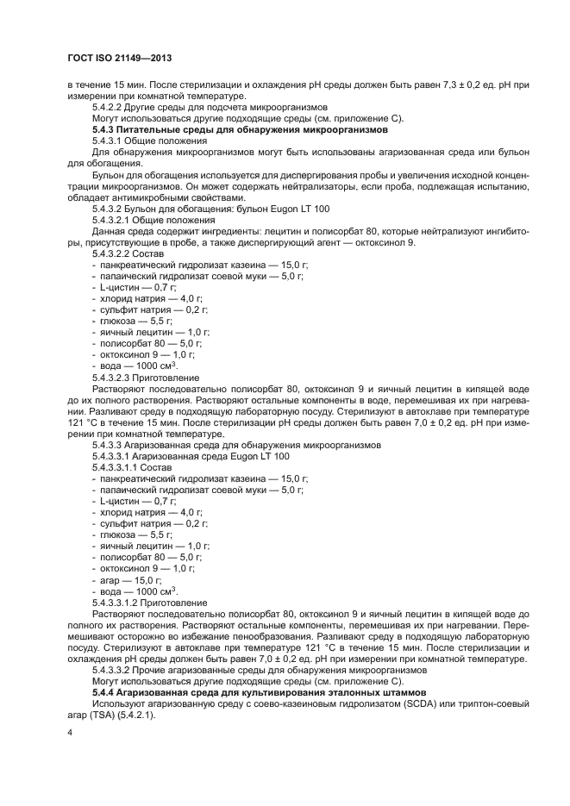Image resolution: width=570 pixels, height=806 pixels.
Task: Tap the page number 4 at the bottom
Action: click(71, 732)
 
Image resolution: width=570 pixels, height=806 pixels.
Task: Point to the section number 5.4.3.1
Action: click(110, 140)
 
